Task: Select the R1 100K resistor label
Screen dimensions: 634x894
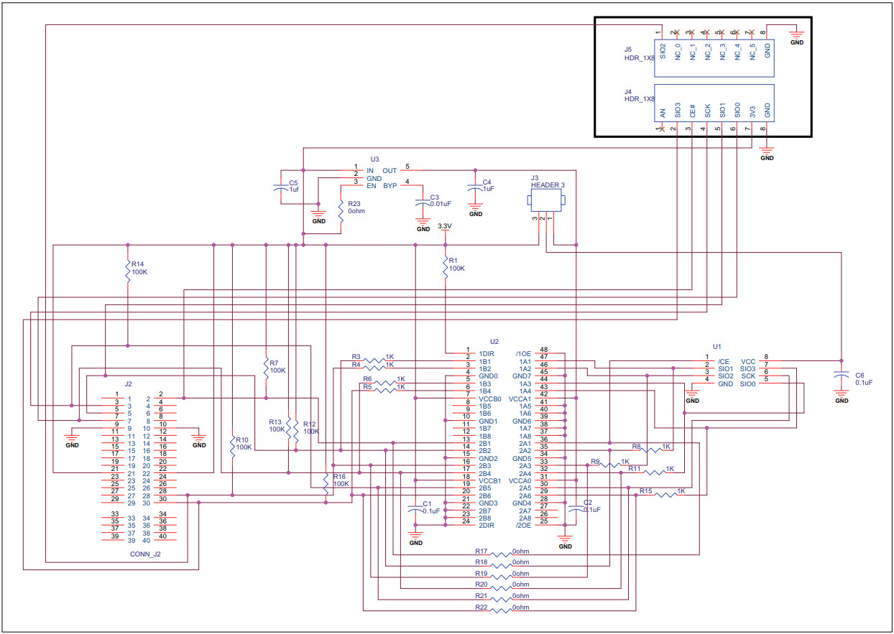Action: (x=456, y=264)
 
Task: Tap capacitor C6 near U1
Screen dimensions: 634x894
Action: (x=840, y=376)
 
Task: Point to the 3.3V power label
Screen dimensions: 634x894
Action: (x=444, y=226)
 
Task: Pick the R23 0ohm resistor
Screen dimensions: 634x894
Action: (x=341, y=212)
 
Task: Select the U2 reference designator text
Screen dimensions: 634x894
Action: (x=494, y=342)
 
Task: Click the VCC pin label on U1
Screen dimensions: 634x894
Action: (x=747, y=361)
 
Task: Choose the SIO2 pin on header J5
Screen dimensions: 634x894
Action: (x=663, y=52)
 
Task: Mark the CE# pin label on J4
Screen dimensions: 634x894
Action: (x=692, y=111)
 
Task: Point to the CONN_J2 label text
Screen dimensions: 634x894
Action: (x=145, y=554)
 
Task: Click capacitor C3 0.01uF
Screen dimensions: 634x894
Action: (x=422, y=202)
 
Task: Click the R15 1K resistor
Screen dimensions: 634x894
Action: (x=665, y=493)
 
